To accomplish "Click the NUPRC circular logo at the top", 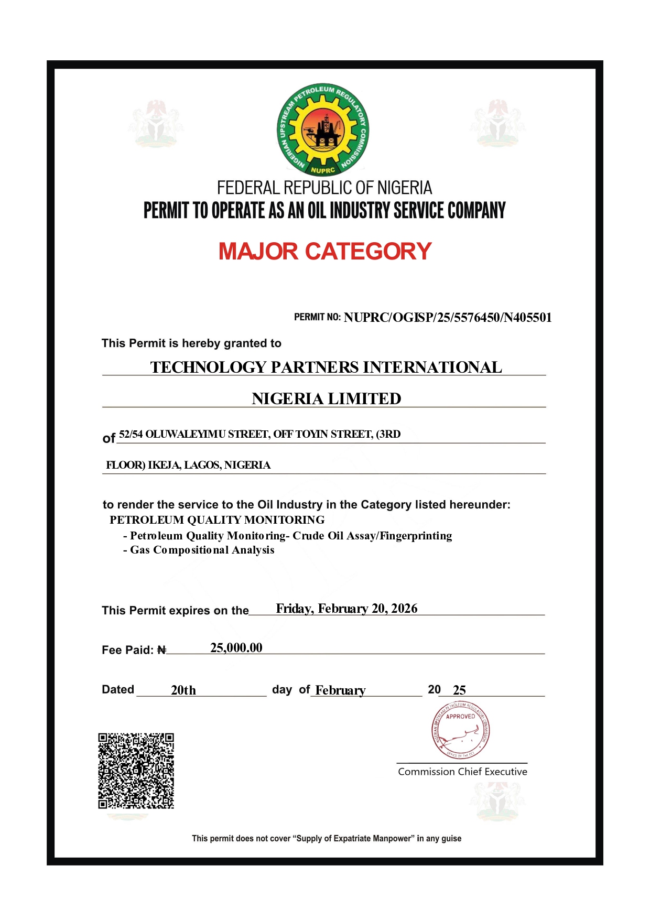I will pos(323,129).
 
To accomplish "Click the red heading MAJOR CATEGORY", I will pos(325,252).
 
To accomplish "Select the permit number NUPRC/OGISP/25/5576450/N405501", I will pos(448,318).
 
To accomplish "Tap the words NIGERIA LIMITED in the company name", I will pos(326,399).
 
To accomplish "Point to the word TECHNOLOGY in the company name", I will pos(208,367).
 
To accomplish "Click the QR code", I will pos(136,771).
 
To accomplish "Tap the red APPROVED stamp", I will pos(461,732).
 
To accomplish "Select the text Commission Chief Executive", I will pos(462,772).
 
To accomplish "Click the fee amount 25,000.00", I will pos(236,648).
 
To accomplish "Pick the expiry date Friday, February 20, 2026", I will pos(346,609).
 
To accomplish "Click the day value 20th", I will pos(183,690).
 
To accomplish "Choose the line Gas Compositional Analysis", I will pos(199,550).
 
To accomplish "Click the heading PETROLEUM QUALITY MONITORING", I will pos(217,520).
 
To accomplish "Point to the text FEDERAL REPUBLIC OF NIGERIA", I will pos(324,188).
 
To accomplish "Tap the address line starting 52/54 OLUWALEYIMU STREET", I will pos(259,434).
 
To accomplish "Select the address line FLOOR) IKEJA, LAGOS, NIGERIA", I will pos(188,465).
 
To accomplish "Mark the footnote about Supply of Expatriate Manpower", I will pos(327,839).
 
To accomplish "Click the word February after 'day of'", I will pos(340,690).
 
